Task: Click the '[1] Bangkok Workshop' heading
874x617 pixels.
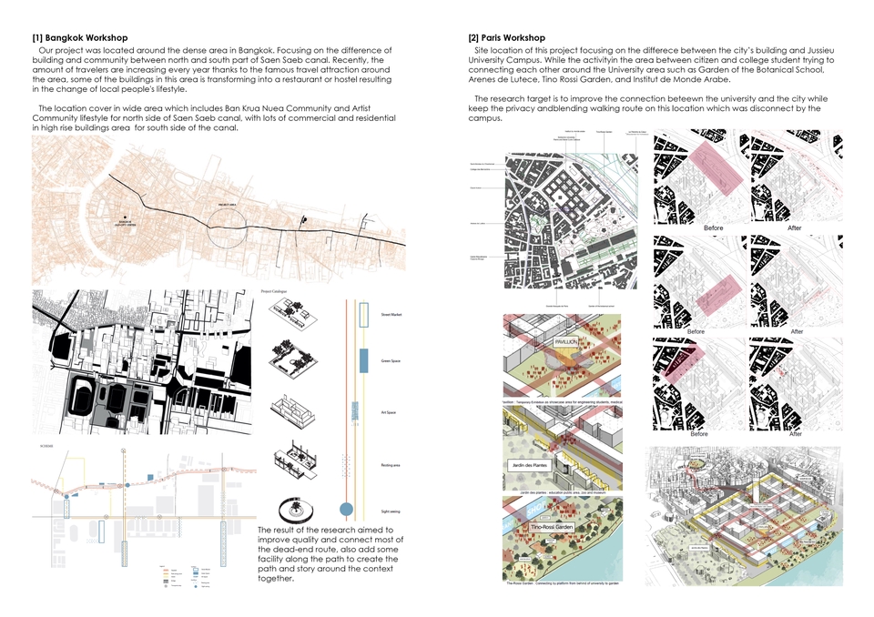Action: click(79, 37)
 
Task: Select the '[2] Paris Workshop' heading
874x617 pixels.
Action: click(508, 37)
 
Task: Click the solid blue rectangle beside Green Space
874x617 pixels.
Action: click(363, 359)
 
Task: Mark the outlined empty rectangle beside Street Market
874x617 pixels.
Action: click(363, 315)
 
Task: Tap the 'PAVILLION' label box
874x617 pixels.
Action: click(561, 343)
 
